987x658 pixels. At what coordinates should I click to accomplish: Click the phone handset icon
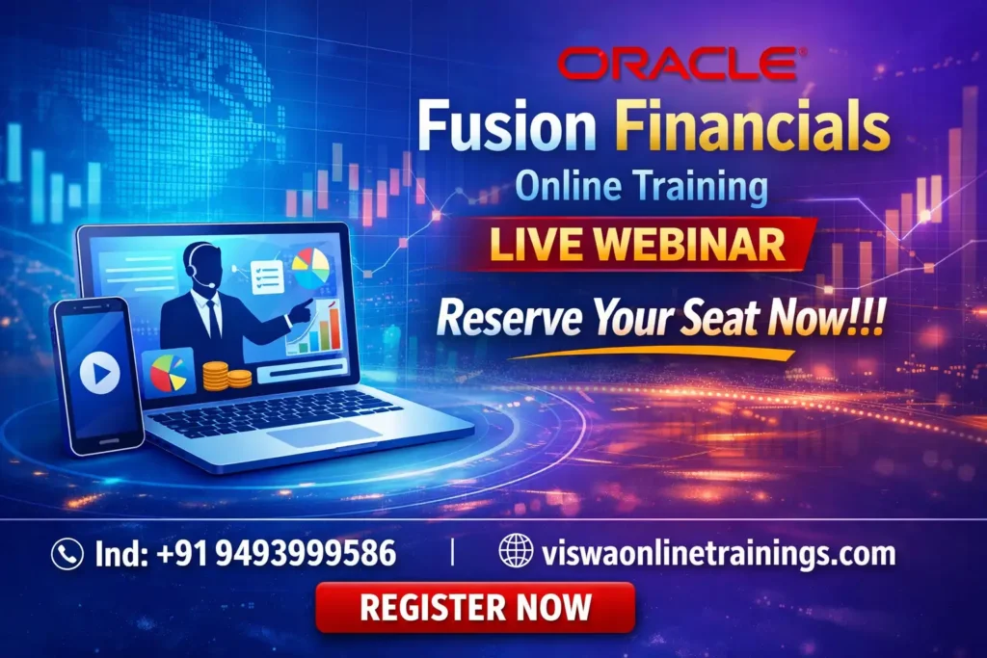coord(67,554)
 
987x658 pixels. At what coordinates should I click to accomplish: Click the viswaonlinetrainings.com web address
coord(718,554)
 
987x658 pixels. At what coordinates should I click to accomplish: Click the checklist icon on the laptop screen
coord(266,276)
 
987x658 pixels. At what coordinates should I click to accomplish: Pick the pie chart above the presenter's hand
coord(308,268)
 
